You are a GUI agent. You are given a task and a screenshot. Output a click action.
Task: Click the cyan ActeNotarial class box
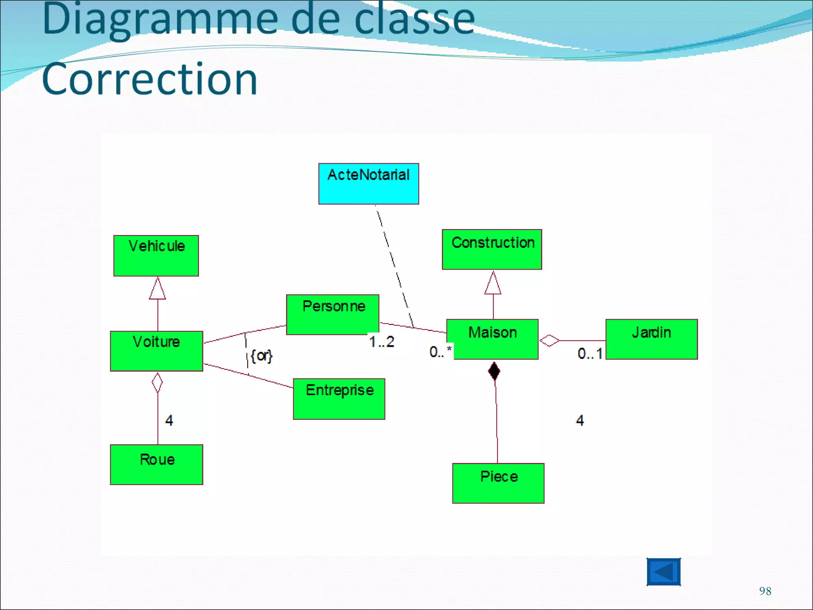point(368,184)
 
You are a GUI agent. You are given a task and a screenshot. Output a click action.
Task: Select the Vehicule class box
point(156,256)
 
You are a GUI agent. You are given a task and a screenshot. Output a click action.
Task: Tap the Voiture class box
point(156,351)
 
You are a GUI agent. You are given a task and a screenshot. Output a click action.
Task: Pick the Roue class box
point(156,465)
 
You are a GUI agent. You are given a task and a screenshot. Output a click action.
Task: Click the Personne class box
point(333,315)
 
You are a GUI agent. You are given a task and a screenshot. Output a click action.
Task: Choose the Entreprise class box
point(339,399)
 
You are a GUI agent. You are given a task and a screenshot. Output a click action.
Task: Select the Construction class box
point(492,249)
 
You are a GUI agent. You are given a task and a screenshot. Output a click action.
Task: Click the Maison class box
point(492,339)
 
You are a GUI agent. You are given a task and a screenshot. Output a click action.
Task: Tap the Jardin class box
point(651,339)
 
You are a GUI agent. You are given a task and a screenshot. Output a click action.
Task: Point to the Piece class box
point(498,483)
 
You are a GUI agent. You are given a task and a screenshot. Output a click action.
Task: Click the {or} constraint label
point(262,355)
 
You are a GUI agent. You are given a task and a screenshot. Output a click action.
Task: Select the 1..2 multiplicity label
point(381,342)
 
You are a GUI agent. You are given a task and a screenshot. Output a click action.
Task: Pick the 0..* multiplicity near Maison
point(440,351)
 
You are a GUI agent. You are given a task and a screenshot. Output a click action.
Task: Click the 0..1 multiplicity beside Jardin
point(590,353)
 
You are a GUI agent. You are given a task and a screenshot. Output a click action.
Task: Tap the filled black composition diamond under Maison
point(494,371)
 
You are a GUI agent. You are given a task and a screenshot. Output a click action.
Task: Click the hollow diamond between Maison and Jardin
point(549,340)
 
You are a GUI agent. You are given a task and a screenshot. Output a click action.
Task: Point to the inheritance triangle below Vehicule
point(158,289)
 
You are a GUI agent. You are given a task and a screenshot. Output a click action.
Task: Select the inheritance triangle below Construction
point(493,284)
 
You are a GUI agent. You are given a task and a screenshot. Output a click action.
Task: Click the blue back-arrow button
point(663,572)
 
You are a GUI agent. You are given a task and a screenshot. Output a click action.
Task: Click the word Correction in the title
point(150,79)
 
